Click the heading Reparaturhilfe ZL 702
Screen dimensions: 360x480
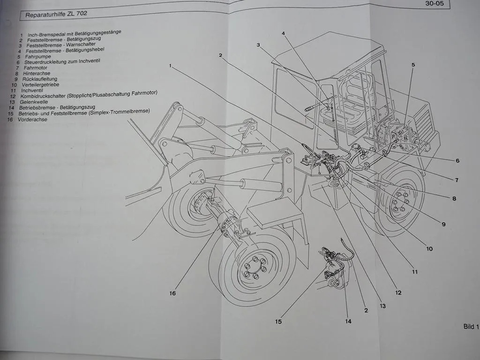click(56, 15)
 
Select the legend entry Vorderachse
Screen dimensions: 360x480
click(32, 120)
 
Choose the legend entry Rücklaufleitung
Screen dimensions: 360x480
click(40, 79)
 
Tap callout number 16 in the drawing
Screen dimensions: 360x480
click(172, 293)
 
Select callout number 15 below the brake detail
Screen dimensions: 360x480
click(278, 322)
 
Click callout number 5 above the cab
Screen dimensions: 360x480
click(413, 65)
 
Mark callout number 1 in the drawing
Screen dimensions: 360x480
click(172, 66)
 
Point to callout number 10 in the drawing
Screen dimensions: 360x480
click(429, 248)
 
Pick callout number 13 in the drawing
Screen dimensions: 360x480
click(382, 306)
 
